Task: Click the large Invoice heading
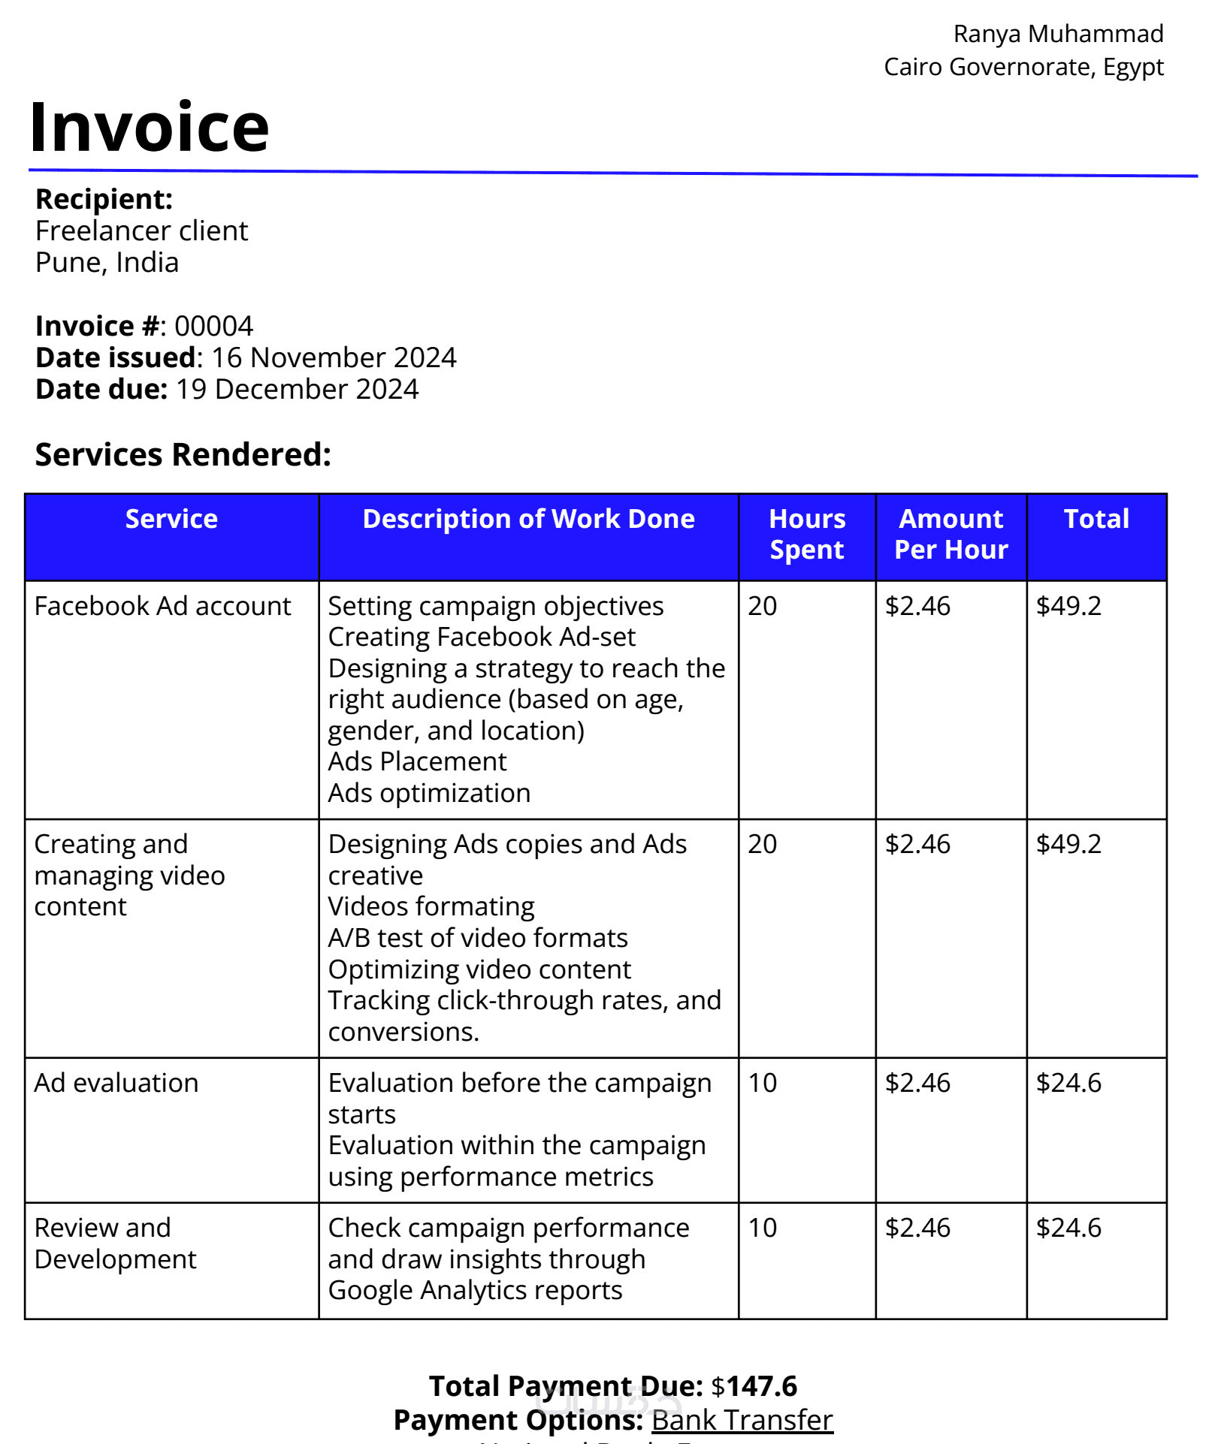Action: pyautogui.click(x=149, y=127)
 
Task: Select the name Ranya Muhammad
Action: pyautogui.click(x=1058, y=34)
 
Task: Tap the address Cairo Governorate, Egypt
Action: pyautogui.click(x=1023, y=67)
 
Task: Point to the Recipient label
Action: pyautogui.click(x=104, y=199)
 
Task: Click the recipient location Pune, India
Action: pyautogui.click(x=107, y=263)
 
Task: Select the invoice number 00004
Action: pyautogui.click(x=213, y=326)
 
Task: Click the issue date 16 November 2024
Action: pyautogui.click(x=334, y=357)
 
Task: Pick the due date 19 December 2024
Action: pyautogui.click(x=297, y=389)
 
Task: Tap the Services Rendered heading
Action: pyautogui.click(x=183, y=454)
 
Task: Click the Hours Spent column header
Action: pyautogui.click(x=806, y=534)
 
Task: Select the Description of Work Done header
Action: pyautogui.click(x=528, y=519)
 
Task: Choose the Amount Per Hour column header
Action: pyautogui.click(x=951, y=534)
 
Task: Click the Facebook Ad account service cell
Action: pyautogui.click(x=162, y=606)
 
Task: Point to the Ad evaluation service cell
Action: pyautogui.click(x=116, y=1083)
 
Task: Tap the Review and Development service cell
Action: pyautogui.click(x=115, y=1244)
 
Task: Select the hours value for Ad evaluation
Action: pyautogui.click(x=762, y=1083)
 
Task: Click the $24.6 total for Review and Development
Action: pyautogui.click(x=1068, y=1228)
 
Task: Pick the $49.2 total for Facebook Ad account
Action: pyautogui.click(x=1068, y=606)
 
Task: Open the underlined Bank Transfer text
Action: pyautogui.click(x=742, y=1420)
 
